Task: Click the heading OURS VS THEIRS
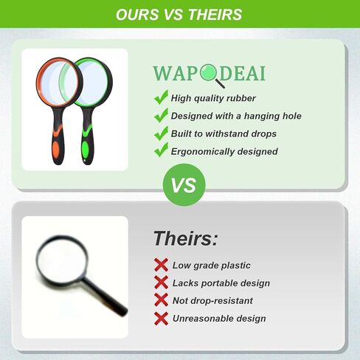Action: point(179,14)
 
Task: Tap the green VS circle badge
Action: point(184,185)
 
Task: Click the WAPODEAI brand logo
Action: point(209,75)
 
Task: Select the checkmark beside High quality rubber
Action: point(161,97)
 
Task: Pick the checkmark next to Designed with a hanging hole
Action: point(161,115)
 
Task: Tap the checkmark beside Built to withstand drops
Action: point(161,133)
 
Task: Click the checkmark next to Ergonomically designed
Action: point(161,150)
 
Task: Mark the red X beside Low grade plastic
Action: point(162,265)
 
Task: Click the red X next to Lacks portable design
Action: point(162,283)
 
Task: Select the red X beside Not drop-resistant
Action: point(162,300)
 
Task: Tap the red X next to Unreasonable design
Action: point(162,319)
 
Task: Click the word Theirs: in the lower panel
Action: point(186,238)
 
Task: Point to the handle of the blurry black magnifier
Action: point(105,296)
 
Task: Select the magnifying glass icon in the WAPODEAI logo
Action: point(212,76)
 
